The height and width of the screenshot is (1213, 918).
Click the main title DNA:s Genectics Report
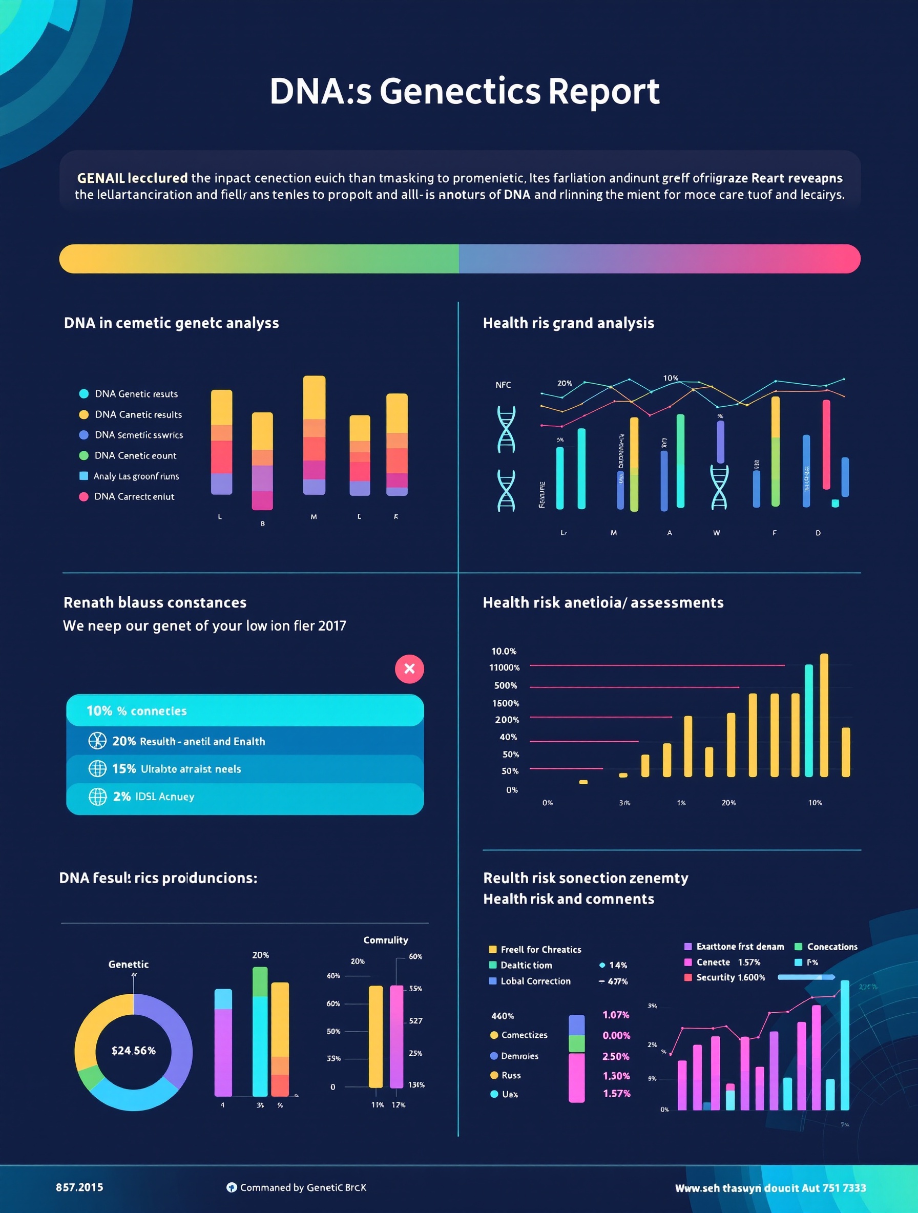point(464,91)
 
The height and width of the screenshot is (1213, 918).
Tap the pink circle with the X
point(409,668)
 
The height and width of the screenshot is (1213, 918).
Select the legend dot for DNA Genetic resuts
point(84,394)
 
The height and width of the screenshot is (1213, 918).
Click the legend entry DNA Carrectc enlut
point(134,496)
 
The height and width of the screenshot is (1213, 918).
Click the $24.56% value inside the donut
point(133,1050)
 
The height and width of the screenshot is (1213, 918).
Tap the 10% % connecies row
point(244,710)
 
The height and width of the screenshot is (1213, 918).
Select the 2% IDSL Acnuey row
point(244,796)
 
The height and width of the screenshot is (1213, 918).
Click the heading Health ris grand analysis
point(568,323)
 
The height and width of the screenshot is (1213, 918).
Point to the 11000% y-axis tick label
point(505,667)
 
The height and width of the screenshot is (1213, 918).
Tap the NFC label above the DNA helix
point(503,385)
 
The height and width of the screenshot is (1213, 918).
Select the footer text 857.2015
point(79,1187)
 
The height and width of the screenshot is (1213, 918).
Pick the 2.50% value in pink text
point(616,1056)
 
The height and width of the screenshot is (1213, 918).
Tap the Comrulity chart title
point(386,940)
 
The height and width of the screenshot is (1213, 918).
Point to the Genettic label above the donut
point(128,964)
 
